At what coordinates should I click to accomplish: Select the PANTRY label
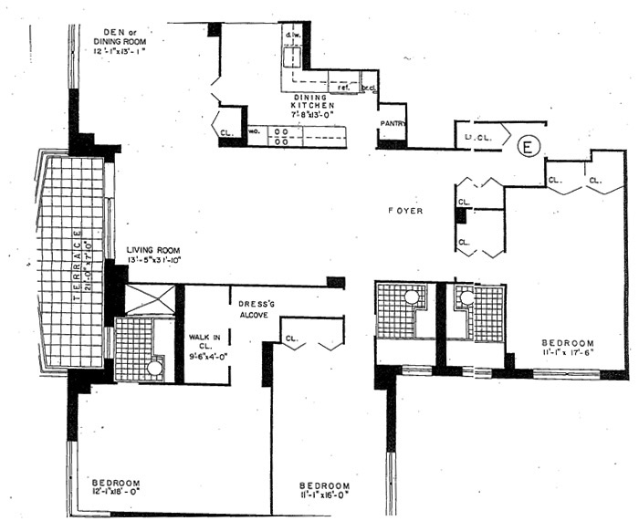393,124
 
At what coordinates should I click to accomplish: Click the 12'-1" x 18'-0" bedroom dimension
116,493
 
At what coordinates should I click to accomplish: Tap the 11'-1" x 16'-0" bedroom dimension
326,495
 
